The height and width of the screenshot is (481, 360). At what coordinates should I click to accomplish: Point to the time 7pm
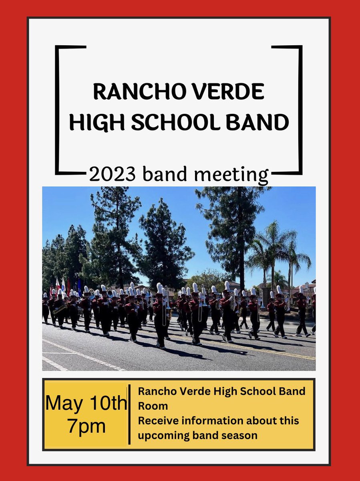[86, 426]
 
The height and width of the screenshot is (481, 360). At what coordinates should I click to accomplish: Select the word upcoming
[162, 436]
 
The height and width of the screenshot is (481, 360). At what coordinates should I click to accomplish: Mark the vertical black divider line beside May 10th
[129, 414]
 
